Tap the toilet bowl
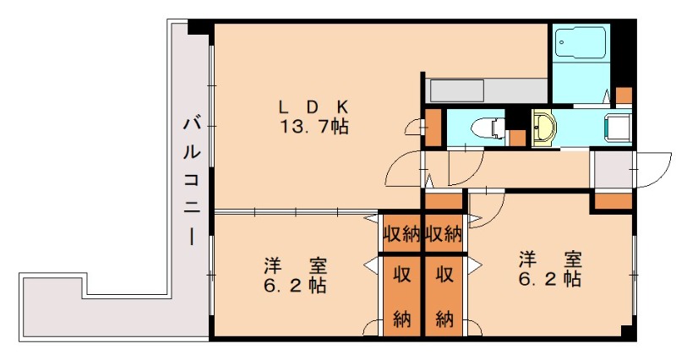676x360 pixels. (x=488, y=128)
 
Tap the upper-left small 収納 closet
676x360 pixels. (x=401, y=234)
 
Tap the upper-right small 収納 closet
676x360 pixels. (x=443, y=234)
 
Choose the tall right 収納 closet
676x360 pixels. (x=444, y=296)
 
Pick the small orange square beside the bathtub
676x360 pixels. (x=624, y=94)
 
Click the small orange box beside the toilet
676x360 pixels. (x=433, y=127)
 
